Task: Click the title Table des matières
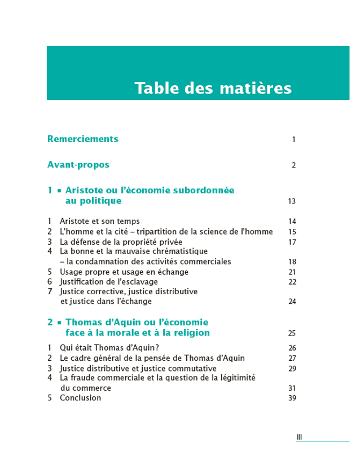tap(213, 89)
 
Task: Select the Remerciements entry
tap(83, 139)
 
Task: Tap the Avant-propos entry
tap(78, 165)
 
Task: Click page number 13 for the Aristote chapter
tap(292, 201)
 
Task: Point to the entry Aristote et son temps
tap(100, 221)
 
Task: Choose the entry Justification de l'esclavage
tap(109, 281)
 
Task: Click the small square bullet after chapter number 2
tap(59, 323)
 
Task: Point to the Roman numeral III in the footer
tap(300, 437)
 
